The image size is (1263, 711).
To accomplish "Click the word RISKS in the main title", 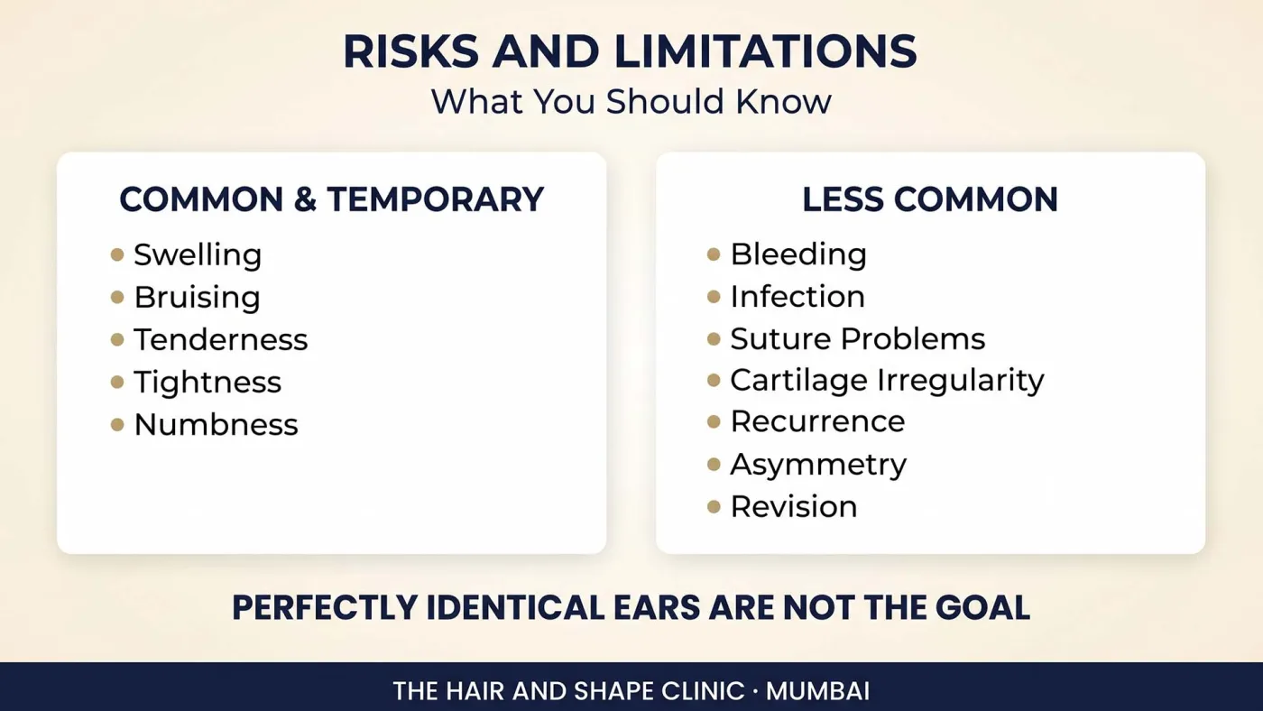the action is (411, 51).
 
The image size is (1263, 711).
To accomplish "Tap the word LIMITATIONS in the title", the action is (766, 51).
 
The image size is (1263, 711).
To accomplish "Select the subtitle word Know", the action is (783, 101).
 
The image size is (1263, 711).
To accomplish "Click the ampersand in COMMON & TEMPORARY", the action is (305, 199).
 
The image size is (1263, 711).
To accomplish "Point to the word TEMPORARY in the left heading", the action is (435, 199).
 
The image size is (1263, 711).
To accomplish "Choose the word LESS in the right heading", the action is (843, 199).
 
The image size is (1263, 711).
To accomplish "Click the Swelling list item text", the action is (198, 254).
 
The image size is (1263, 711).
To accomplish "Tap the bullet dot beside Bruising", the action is (117, 297).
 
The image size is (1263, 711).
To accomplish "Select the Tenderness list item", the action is (220, 339).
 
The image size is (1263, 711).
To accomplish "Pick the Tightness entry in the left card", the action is (207, 383).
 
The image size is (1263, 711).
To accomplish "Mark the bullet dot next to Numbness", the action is (117, 425).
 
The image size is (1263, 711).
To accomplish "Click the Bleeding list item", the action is (798, 254).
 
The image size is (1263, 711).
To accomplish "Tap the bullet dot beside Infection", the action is (714, 297).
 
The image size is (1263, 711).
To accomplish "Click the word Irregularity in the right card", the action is (960, 381).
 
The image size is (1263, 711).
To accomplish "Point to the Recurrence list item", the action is (817, 421).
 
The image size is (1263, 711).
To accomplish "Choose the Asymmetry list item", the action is (819, 466).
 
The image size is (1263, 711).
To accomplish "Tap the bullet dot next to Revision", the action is (714, 506).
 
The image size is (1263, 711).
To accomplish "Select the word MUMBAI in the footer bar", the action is (817, 691).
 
